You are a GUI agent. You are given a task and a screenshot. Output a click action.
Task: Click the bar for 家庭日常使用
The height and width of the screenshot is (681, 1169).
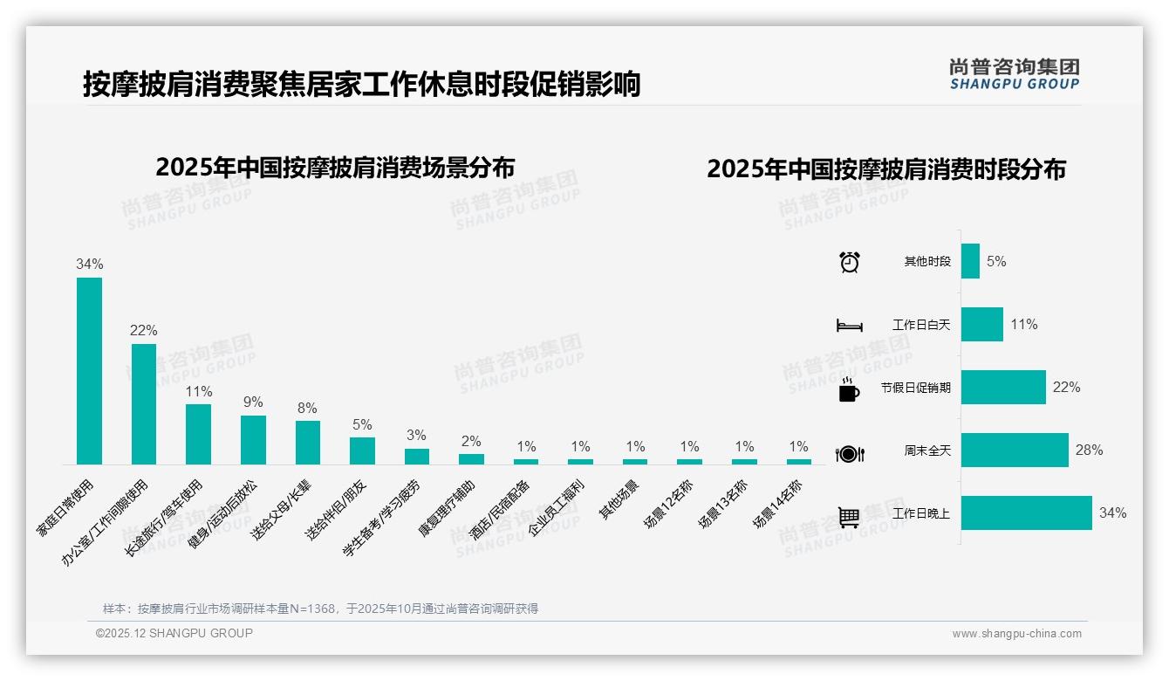click(89, 371)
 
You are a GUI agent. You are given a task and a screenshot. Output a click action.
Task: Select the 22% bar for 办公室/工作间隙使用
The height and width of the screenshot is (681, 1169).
click(144, 403)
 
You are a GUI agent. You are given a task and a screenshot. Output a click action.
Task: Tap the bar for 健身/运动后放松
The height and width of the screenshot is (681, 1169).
click(253, 439)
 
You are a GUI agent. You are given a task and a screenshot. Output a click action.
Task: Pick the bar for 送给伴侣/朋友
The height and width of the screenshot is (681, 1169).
click(362, 451)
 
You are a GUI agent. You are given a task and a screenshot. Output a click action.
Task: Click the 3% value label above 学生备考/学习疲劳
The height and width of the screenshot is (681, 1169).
click(416, 435)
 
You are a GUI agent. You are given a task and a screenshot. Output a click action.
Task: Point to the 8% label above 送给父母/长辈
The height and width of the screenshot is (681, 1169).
click(307, 408)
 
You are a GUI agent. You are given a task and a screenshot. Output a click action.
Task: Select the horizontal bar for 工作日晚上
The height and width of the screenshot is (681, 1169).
click(1026, 512)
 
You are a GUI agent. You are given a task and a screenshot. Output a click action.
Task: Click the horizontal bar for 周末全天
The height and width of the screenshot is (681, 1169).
click(1015, 450)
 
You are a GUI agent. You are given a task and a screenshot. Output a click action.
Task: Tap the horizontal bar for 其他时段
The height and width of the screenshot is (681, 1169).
click(970, 261)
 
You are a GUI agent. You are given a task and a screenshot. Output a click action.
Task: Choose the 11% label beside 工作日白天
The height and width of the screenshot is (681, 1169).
click(1024, 324)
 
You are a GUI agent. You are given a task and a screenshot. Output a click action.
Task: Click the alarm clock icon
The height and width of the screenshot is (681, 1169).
click(850, 261)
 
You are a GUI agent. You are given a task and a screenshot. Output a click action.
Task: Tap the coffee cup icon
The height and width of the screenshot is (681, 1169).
click(849, 389)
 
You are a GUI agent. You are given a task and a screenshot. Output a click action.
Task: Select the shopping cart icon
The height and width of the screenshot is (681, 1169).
click(849, 516)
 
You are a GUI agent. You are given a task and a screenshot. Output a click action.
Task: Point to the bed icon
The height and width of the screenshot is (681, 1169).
click(849, 326)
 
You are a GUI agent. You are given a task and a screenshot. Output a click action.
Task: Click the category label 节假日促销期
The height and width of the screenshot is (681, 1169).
click(915, 388)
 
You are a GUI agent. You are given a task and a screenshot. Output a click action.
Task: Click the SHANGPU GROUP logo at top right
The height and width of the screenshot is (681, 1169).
click(1014, 73)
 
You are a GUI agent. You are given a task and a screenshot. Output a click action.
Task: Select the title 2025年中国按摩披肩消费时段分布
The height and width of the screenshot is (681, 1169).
click(886, 169)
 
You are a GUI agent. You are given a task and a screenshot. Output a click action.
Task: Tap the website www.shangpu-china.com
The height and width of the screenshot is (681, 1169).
click(1016, 634)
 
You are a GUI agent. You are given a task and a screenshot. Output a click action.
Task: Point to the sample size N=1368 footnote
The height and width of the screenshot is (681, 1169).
click(320, 609)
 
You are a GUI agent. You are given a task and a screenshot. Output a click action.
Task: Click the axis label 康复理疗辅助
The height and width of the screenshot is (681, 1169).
click(447, 508)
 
